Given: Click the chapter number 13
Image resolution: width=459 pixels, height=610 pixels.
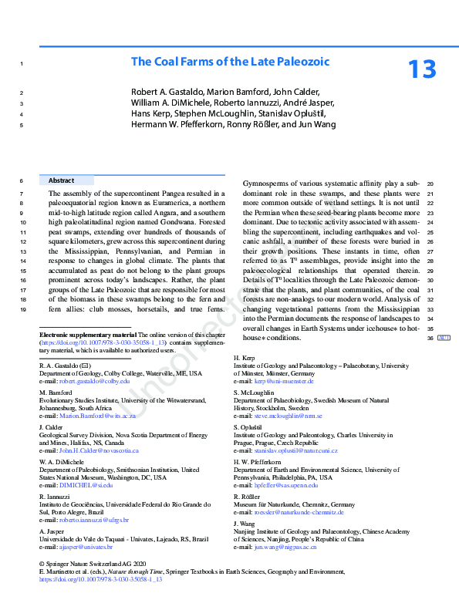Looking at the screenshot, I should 423,69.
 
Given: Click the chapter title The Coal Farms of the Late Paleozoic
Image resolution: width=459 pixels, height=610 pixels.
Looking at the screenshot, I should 230,61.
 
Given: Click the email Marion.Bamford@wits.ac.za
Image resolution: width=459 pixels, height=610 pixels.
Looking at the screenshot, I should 97,416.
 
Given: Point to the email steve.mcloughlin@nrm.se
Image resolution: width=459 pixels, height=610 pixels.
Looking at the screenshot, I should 289,416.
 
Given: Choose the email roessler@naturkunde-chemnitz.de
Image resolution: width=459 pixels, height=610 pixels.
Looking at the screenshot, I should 299,512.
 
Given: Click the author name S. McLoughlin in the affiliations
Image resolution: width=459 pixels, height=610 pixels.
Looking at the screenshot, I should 253,393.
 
